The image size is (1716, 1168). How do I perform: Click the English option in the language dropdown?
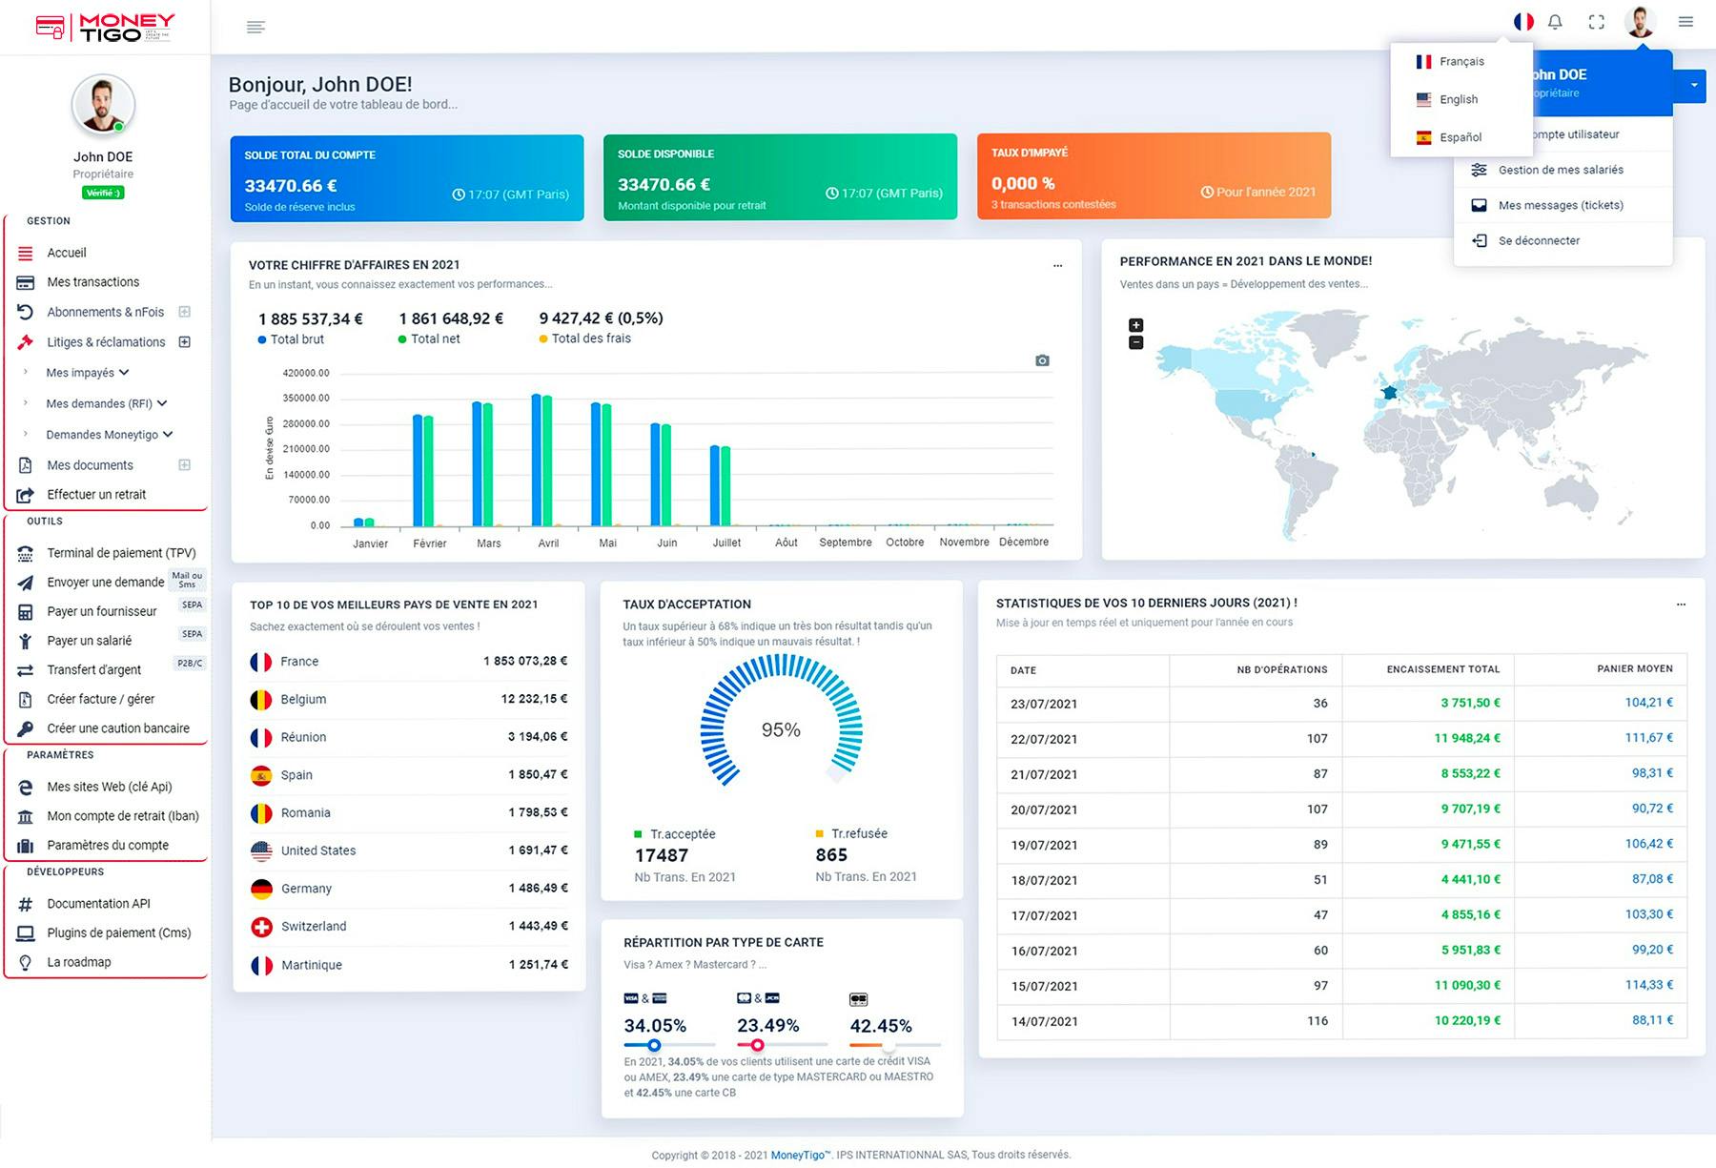click(1458, 99)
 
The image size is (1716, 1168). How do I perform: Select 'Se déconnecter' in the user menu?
click(1538, 240)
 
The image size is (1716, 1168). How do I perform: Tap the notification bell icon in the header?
click(1555, 22)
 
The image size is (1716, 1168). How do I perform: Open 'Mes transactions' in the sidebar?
click(92, 282)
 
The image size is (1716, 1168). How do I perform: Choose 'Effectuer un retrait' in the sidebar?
click(96, 495)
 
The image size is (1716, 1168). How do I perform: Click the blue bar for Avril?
click(537, 460)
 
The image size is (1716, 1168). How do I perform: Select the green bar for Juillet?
click(726, 485)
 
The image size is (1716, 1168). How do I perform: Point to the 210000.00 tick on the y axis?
click(306, 449)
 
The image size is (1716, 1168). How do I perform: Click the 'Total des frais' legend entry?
click(590, 338)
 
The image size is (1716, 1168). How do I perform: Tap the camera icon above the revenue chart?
click(1042, 360)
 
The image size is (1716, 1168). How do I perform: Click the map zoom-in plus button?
click(1135, 325)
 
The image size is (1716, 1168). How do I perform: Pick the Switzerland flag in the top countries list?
click(261, 927)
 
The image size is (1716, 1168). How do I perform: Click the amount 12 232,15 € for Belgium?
click(534, 699)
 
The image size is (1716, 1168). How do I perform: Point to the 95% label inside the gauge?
click(781, 729)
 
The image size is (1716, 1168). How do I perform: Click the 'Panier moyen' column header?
click(1634, 669)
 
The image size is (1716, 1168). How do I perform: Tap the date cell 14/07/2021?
click(1044, 1021)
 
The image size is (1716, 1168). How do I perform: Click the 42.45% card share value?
click(880, 1026)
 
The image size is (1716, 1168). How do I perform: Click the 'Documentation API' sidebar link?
click(98, 904)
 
